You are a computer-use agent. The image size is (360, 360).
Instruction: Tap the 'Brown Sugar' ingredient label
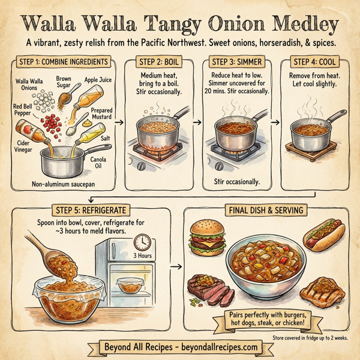pos(64,82)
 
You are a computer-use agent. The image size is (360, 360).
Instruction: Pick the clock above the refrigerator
pos(142,241)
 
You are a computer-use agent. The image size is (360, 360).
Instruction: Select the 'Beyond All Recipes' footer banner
pos(180,347)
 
